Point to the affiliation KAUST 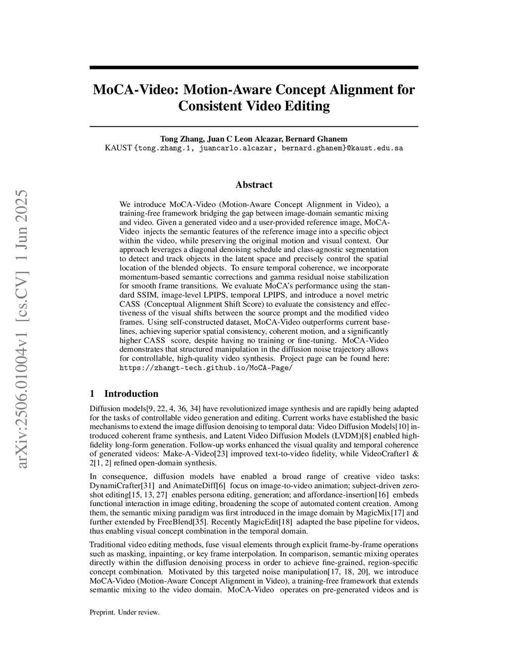point(119,148)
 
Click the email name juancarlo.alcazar point(236,148)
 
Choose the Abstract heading point(254,185)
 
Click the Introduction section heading point(131,394)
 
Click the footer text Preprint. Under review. point(125,612)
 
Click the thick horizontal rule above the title point(254,68)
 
